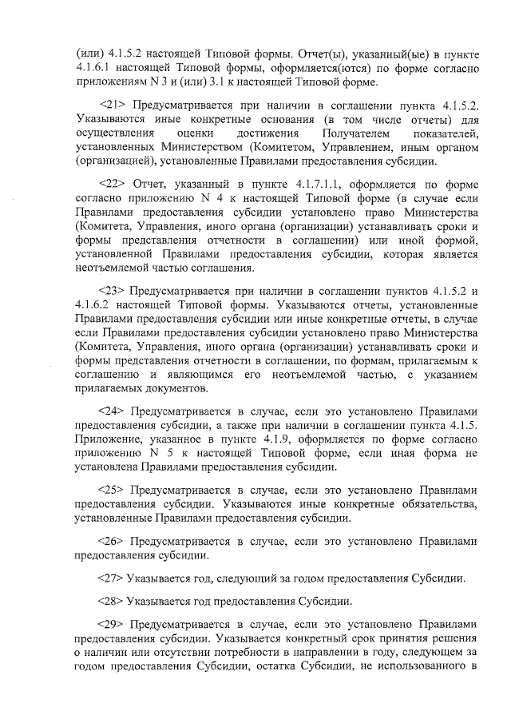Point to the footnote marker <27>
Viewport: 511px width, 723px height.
[x=110, y=578]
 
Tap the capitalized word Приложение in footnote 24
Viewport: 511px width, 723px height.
[x=105, y=441]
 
